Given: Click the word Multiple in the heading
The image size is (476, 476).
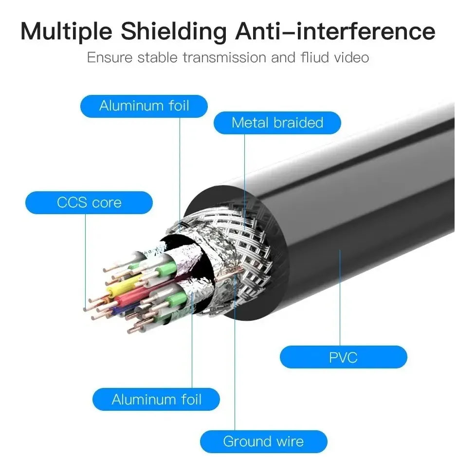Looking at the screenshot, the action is click(67, 32).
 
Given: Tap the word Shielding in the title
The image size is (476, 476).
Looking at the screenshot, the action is click(174, 32).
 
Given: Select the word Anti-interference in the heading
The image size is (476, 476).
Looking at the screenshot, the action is click(335, 31).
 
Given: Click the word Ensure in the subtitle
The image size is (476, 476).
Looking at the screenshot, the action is click(110, 58).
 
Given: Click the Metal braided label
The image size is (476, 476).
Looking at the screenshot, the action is click(277, 123).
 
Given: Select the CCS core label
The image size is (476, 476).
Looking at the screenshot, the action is click(89, 202).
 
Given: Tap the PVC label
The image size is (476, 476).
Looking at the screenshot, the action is click(343, 357).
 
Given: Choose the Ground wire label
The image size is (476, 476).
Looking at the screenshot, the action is click(263, 441).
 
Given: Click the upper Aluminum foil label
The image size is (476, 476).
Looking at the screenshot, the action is click(144, 106).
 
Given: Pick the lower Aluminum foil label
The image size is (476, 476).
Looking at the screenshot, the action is click(156, 399).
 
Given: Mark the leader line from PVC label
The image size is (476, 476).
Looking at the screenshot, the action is click(340, 298).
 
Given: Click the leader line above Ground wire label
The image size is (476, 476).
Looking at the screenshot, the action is click(235, 353).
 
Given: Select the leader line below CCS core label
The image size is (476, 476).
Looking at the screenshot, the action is click(85, 261).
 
